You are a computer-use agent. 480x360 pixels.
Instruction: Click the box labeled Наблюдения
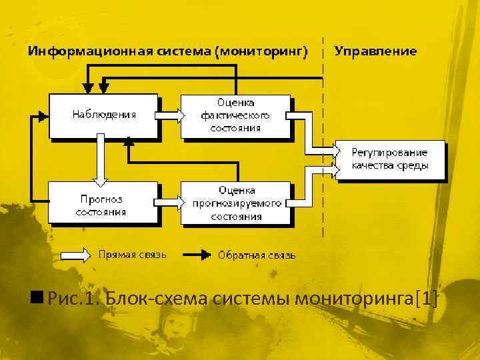point(104,115)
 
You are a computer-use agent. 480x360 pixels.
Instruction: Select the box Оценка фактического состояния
point(235,115)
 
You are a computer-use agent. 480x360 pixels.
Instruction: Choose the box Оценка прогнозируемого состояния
point(235,202)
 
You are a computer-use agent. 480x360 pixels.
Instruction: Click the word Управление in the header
point(375,51)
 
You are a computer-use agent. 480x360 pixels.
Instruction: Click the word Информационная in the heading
point(79,51)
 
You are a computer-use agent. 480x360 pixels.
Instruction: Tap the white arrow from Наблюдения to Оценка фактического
point(170,115)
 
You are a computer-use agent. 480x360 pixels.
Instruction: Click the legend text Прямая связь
point(133,254)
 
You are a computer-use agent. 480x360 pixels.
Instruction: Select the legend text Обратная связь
point(257,255)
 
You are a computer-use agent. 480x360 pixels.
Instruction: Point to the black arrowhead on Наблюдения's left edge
point(44,115)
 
